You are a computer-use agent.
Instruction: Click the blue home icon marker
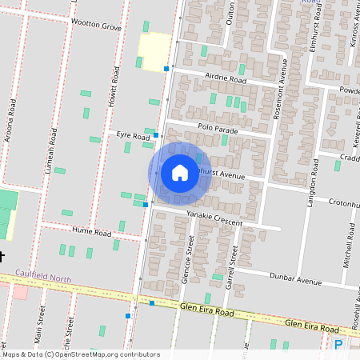[x=180, y=173]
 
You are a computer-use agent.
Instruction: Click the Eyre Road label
[x=133, y=137]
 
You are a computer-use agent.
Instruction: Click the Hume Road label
[x=91, y=232]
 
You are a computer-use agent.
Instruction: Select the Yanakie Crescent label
[x=214, y=216]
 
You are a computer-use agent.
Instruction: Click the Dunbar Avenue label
[x=296, y=282]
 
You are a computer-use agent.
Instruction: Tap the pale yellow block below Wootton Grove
[x=154, y=51]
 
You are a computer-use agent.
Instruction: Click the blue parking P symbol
[x=338, y=345]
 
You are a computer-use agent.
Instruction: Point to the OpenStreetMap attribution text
[x=80, y=354]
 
